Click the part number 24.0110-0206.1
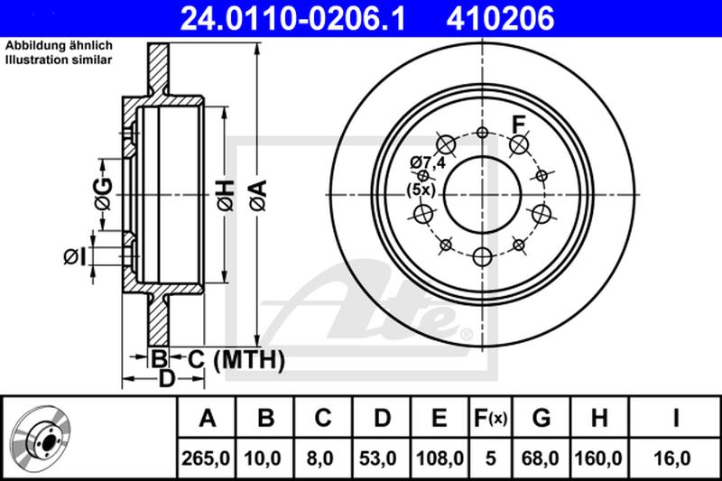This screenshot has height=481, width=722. click(292, 18)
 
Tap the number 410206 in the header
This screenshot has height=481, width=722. click(500, 18)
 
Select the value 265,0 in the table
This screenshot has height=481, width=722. click(206, 458)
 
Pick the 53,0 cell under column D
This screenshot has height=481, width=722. click(377, 458)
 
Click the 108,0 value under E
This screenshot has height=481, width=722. click(440, 458)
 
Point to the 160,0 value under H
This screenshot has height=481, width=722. click(598, 458)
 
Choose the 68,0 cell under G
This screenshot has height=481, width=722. click(541, 458)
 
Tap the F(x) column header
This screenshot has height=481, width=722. click(491, 418)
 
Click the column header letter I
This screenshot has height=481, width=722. click(676, 418)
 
